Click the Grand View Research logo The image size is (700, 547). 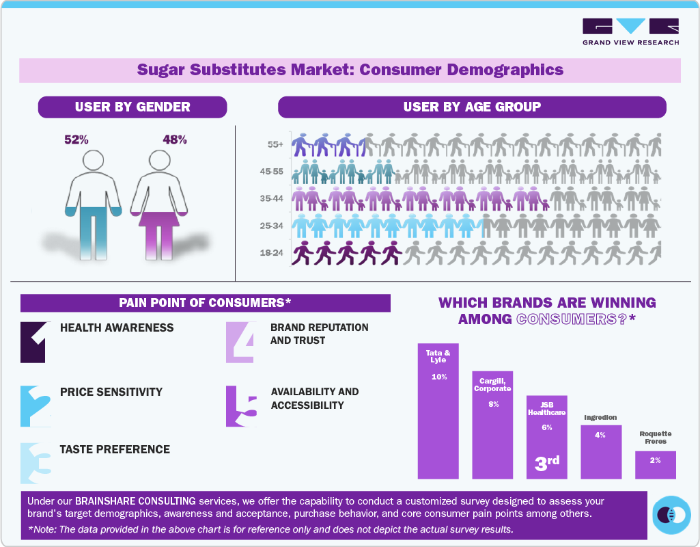[x=630, y=31]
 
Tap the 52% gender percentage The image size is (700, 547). [x=76, y=139]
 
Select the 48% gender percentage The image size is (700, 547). [x=175, y=139]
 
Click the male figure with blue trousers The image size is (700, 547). [x=94, y=205]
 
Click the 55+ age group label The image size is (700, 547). [x=276, y=145]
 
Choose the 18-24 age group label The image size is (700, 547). [x=272, y=253]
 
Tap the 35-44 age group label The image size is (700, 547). [x=272, y=199]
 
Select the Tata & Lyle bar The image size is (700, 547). [x=438, y=410]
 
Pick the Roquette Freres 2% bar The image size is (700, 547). [x=655, y=464]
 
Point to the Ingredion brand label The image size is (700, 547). [x=600, y=417]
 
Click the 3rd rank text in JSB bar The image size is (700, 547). [x=546, y=463]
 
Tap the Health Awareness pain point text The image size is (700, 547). [x=117, y=328]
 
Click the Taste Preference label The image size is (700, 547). [x=115, y=449]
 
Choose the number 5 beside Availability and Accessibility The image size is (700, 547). [x=242, y=408]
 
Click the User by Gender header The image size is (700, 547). [x=132, y=107]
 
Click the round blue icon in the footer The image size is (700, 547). [x=672, y=514]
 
